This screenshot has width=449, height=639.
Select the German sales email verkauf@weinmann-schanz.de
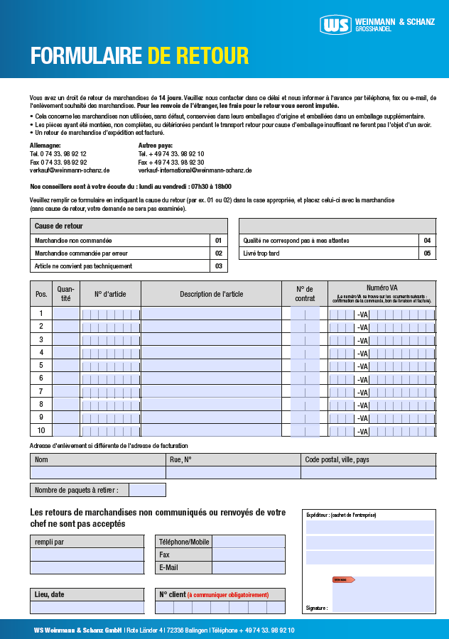[70, 170]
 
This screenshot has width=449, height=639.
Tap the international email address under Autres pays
[195, 170]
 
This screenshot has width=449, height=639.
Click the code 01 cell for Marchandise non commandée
[219, 241]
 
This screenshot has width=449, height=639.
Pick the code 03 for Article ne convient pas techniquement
[219, 266]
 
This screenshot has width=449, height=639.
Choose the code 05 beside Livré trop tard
[427, 253]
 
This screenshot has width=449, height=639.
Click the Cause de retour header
[59, 226]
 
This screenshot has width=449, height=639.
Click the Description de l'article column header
[211, 294]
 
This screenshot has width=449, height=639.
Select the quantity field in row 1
[66, 313]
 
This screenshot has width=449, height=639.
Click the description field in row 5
[211, 366]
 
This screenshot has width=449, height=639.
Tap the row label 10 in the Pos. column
[41, 430]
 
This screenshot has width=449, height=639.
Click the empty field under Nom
[98, 472]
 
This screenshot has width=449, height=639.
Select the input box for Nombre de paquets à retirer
[147, 490]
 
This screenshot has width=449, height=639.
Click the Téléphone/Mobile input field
[249, 542]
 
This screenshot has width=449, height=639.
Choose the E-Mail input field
[249, 567]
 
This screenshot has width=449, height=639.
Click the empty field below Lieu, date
[87, 607]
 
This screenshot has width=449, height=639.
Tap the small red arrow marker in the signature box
[343, 580]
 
